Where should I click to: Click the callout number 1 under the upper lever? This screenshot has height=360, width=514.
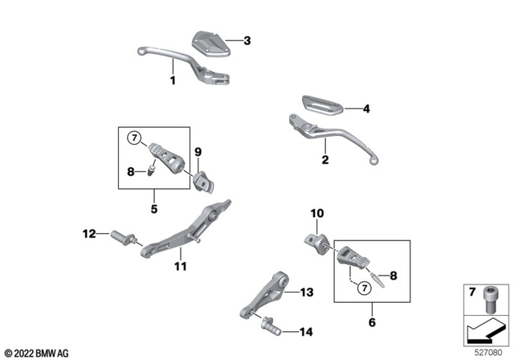pyautogui.click(x=172, y=80)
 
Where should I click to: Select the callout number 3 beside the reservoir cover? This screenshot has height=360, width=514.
pyautogui.click(x=247, y=40)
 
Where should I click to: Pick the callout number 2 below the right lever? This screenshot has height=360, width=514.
pyautogui.click(x=325, y=160)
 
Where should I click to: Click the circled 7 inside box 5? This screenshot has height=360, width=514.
pyautogui.click(x=135, y=137)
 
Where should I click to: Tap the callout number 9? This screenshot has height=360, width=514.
pyautogui.click(x=198, y=151)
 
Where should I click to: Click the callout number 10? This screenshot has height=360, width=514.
pyautogui.click(x=316, y=215)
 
